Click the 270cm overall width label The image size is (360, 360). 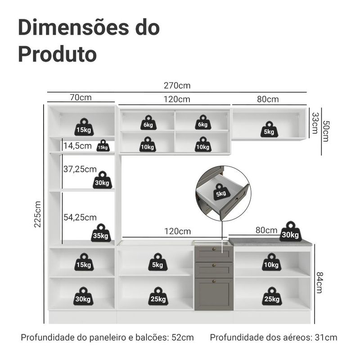pos(177,85)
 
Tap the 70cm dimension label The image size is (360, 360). pos(81,97)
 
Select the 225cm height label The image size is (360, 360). pos(37,214)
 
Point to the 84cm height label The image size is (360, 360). pos(319,283)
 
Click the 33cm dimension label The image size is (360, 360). pos(315,123)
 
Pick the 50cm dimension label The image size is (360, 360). pos(326,131)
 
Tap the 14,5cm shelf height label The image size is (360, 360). pos(77,146)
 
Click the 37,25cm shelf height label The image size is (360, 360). pos(80,169)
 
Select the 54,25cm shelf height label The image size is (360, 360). pos(80,217)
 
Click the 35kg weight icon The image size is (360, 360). pos(101,233)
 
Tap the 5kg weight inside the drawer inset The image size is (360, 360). pos(221,192)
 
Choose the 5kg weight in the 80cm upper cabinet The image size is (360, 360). pos(269,130)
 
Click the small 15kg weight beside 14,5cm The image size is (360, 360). pos(103,145)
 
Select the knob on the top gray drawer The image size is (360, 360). pos(214,249)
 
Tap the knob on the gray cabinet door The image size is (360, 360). pos(214,281)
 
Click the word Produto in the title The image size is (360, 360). pos(58,54)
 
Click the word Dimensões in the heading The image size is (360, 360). pos(74,27)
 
